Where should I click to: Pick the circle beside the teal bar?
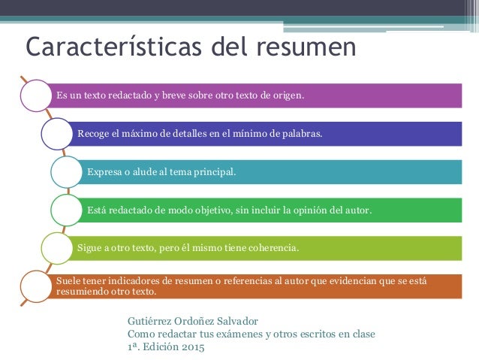[65, 171]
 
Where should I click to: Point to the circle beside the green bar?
[65, 209]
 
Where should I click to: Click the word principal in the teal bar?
[214, 171]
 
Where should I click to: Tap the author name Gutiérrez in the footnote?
[151, 320]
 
